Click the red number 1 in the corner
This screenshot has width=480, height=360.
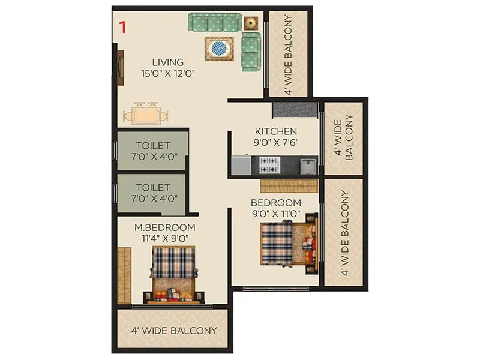[x=122, y=27]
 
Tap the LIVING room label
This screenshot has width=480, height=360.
[x=167, y=62]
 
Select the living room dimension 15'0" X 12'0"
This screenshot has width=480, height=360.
[x=167, y=74]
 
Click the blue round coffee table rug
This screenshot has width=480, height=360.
[x=219, y=47]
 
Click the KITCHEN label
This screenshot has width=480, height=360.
[x=275, y=131]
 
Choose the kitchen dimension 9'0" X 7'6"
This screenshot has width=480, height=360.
[x=276, y=143]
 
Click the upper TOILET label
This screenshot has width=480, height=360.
[x=153, y=146]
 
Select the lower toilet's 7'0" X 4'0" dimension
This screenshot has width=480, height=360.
[x=153, y=199]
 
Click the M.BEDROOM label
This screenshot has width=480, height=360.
[x=165, y=227]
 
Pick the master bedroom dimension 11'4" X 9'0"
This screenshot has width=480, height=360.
[x=165, y=238]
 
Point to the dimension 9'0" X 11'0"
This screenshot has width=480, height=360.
[x=277, y=213]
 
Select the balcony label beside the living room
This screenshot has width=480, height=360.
[x=288, y=54]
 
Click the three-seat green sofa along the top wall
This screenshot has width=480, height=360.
[x=214, y=22]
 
